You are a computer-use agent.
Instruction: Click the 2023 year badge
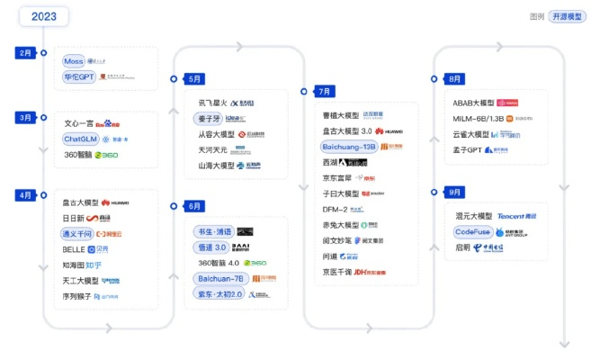44,16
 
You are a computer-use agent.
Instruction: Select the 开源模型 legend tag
567,16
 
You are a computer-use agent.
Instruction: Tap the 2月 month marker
26,53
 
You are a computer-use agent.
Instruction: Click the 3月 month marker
26,117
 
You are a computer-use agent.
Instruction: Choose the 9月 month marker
455,193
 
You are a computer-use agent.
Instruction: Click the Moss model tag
73,61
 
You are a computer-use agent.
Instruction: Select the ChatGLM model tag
80,139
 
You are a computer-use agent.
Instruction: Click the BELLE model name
74,248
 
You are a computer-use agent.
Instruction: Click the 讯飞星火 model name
213,103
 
